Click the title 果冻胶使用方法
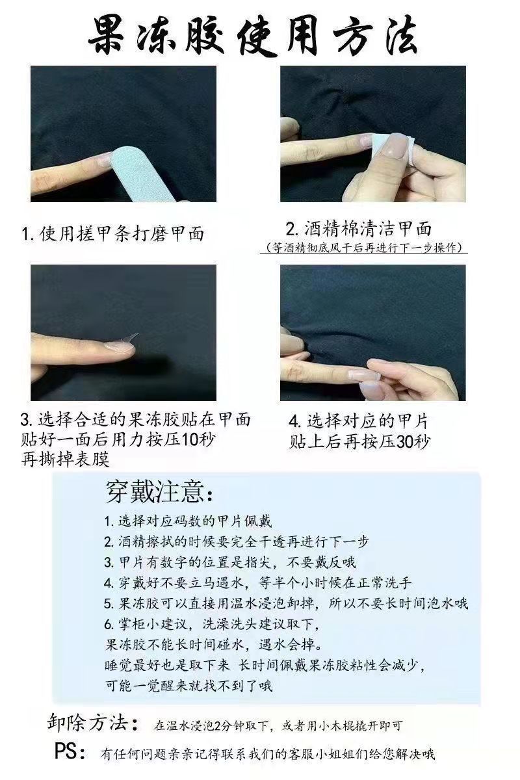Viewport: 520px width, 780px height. tap(260, 33)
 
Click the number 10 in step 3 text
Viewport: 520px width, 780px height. tap(189, 439)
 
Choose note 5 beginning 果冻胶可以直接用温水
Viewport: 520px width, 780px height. tap(285, 603)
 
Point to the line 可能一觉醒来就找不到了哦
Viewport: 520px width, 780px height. tap(188, 685)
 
